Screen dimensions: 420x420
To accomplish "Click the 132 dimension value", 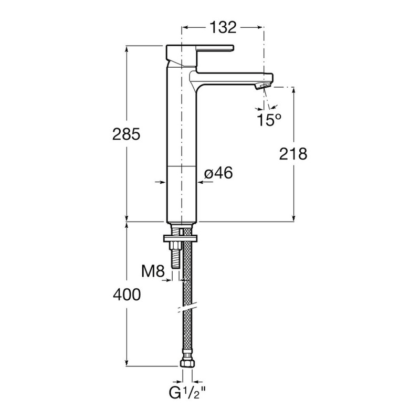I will click(x=222, y=26).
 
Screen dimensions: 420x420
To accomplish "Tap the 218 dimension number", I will click(x=293, y=154).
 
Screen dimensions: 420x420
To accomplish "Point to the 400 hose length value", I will click(x=126, y=296).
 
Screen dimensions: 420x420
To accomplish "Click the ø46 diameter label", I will click(x=218, y=173).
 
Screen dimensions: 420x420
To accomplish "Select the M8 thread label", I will click(x=154, y=272).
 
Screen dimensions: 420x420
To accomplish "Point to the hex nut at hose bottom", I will click(x=187, y=363).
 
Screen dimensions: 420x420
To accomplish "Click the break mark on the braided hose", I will click(x=187, y=306).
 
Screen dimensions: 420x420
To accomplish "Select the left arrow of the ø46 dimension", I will click(x=162, y=182).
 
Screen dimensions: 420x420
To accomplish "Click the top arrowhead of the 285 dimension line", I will click(x=127, y=49).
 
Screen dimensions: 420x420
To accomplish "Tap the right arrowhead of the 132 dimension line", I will click(x=259, y=26).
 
